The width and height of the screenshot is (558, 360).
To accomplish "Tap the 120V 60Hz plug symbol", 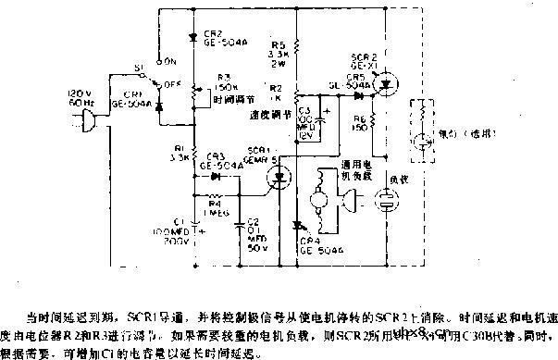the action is pos(88,121).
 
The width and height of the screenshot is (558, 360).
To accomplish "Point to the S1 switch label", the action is pos(140,68).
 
